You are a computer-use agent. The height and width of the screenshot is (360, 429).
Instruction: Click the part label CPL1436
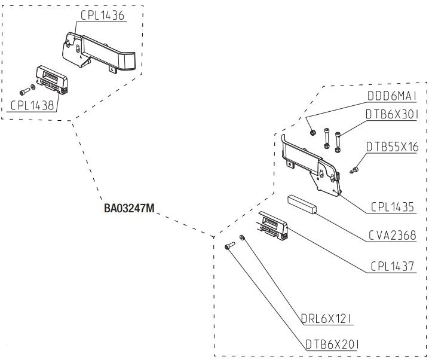coord(102,16)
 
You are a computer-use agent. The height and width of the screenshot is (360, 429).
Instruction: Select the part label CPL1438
coord(32,105)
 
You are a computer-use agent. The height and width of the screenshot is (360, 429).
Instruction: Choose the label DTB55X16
coord(393,147)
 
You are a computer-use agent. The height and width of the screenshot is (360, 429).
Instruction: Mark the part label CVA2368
coord(393,235)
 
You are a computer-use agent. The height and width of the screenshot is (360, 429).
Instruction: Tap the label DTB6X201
coord(330,344)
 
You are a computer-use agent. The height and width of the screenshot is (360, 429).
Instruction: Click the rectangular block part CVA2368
coord(303,202)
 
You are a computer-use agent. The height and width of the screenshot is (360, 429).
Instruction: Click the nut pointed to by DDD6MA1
coord(312,131)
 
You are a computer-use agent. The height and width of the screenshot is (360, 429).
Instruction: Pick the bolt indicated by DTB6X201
coord(229,246)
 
